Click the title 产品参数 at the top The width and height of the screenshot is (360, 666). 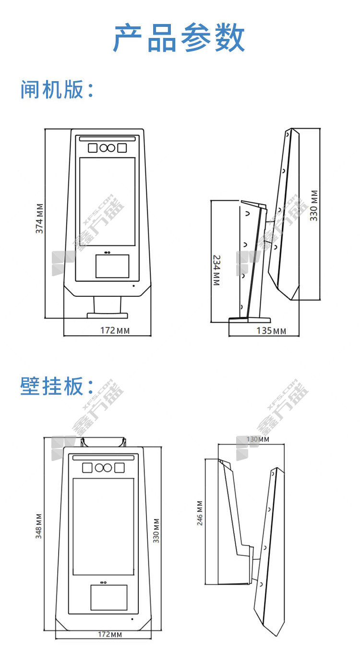point(180,38)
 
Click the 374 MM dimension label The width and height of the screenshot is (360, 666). point(40,218)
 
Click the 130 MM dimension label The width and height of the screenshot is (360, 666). point(258,439)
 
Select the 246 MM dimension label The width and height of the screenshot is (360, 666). point(200,513)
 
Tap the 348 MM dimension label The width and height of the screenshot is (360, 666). point(39,526)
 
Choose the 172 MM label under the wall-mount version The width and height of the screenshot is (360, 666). point(110,634)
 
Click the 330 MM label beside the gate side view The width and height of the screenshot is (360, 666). point(314,206)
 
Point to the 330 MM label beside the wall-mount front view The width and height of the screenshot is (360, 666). point(156,530)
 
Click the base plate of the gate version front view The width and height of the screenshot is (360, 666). point(108,315)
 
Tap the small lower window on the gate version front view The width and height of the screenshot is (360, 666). point(112,266)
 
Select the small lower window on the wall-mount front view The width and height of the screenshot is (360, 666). point(109,597)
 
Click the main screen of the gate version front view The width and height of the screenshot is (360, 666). point(108,201)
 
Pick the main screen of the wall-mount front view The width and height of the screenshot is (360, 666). point(103,526)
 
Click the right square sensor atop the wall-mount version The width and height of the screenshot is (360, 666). point(119,468)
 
